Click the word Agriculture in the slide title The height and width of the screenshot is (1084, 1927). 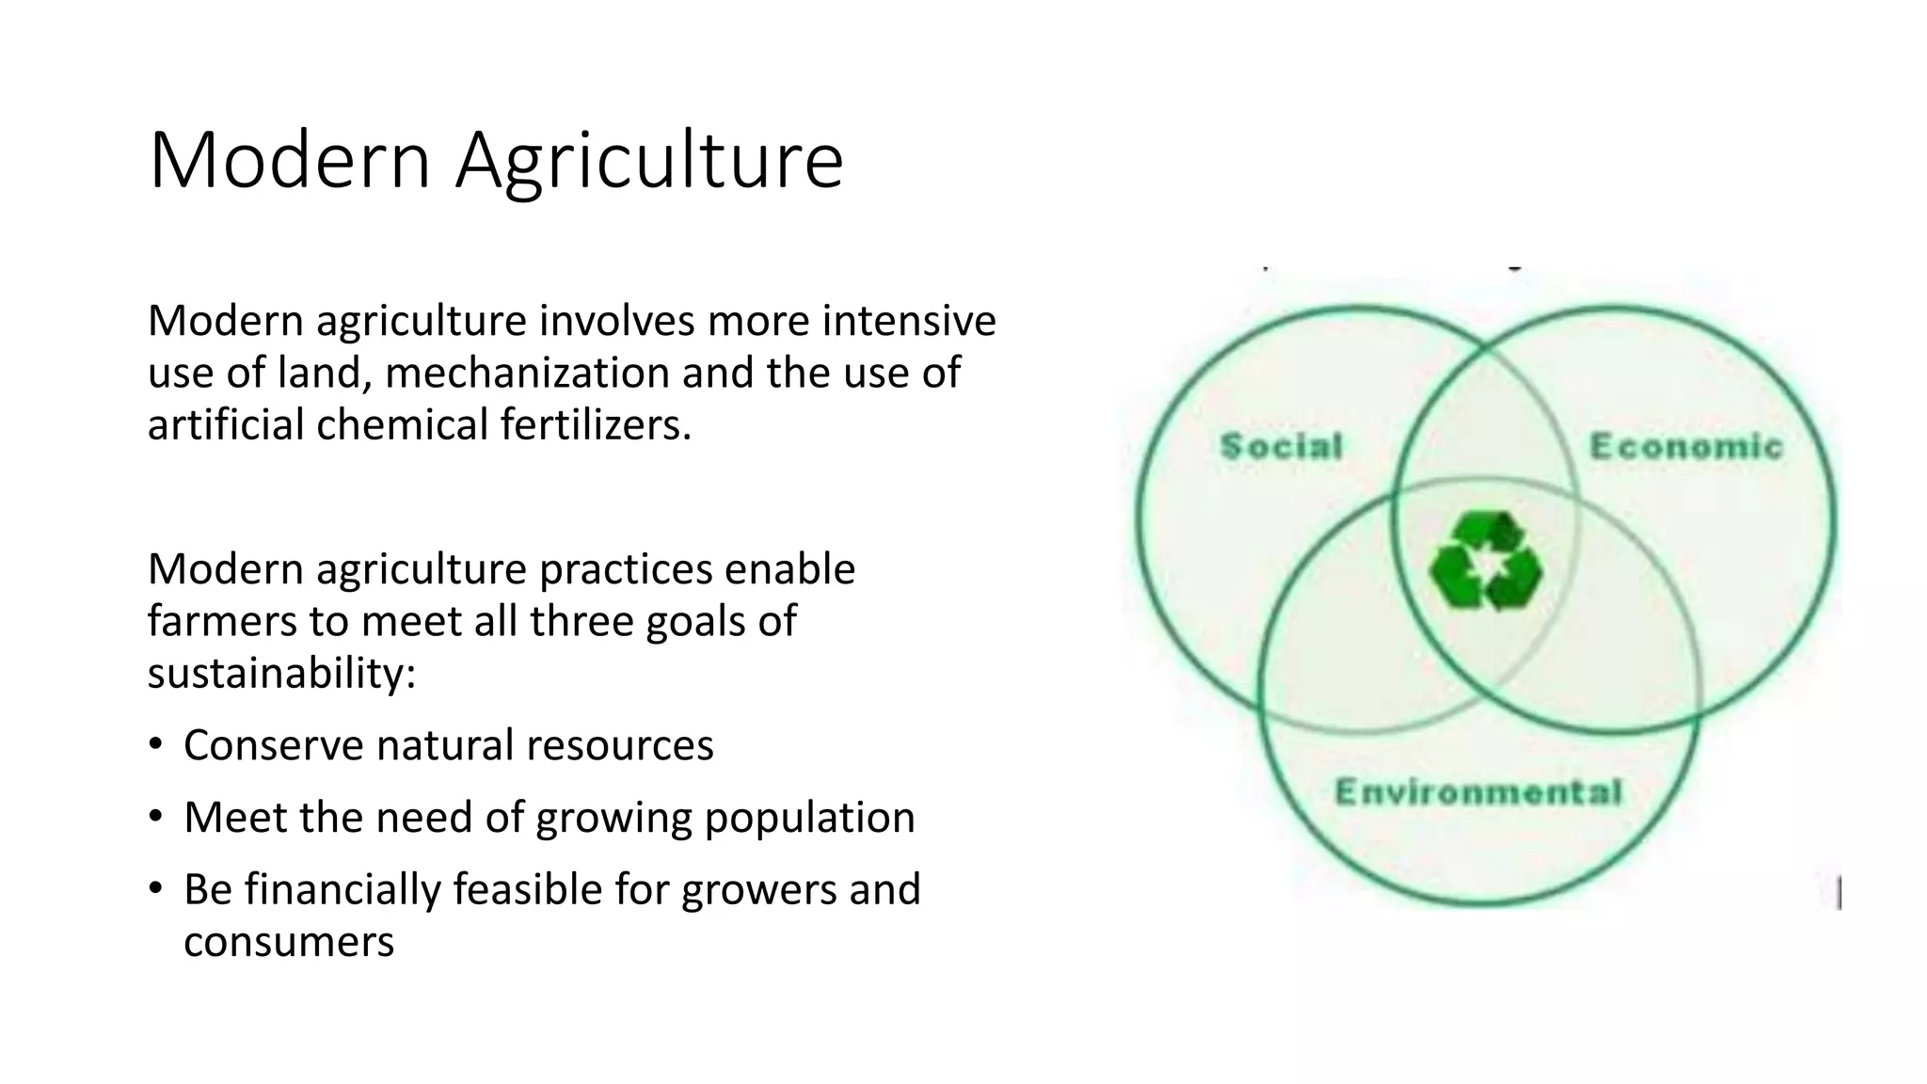[x=649, y=162]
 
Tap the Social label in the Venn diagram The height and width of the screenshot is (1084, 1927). [x=1282, y=446]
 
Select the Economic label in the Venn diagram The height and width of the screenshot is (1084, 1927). [x=1686, y=446]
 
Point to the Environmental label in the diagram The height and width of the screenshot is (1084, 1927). [x=1478, y=792]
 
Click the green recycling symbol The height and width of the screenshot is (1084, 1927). [x=1486, y=561]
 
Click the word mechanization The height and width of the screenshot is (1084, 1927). [x=527, y=373]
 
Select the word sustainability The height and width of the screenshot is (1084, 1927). [x=281, y=673]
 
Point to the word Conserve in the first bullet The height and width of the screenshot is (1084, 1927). [x=273, y=745]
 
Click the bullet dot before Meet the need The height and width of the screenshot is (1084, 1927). [x=156, y=816]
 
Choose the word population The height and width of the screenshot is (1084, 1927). [x=809, y=818]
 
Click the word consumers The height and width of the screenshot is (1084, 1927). [x=289, y=942]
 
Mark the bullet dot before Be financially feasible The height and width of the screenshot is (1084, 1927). [x=156, y=888]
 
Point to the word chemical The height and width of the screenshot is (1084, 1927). [x=402, y=424]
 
